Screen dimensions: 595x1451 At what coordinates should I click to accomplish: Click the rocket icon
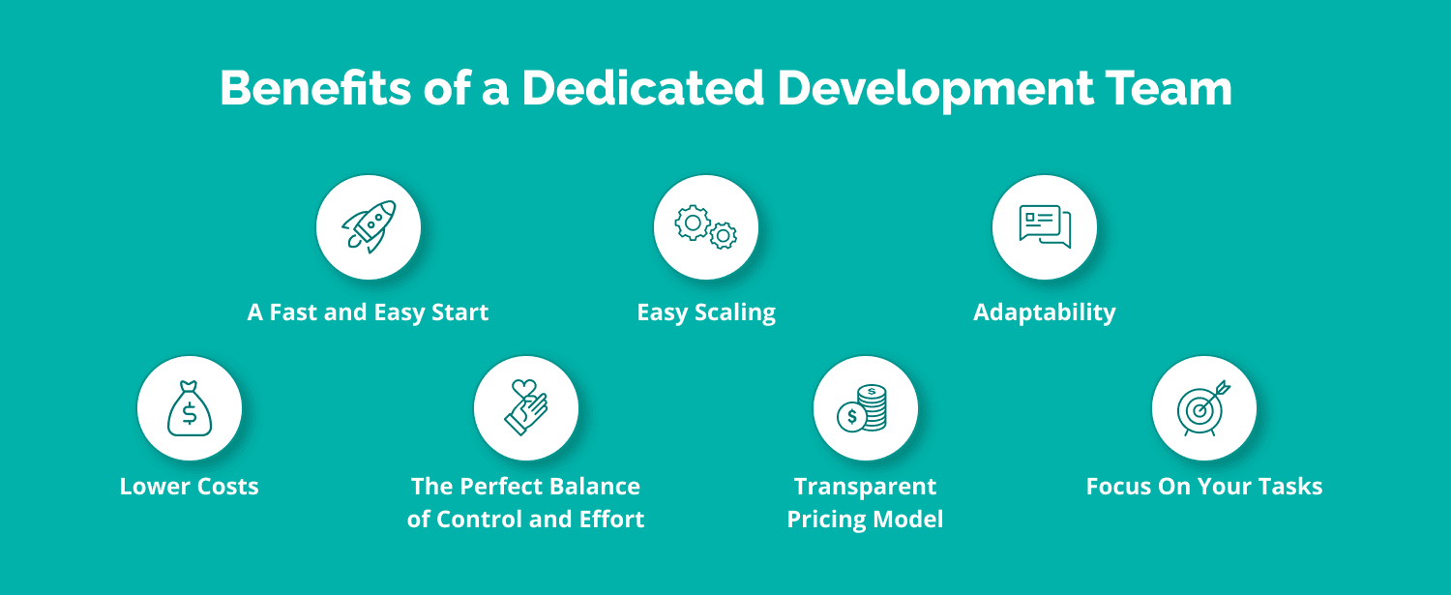point(369,226)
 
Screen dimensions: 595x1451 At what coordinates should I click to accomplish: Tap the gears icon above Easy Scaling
point(706,226)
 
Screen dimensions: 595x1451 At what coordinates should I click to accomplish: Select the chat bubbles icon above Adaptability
point(1045,226)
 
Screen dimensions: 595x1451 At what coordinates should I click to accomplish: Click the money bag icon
point(190,408)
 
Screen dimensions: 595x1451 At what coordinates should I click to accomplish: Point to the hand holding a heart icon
point(526,408)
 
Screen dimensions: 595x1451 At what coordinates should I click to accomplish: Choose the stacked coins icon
point(865,408)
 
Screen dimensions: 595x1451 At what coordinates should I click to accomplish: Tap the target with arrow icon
point(1203,408)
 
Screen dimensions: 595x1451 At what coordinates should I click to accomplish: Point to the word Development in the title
point(928,89)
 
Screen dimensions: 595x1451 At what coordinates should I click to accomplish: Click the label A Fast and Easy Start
point(368,312)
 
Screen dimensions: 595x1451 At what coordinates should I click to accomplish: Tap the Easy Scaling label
point(706,312)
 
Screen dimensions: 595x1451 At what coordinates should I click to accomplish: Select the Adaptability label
point(1044,312)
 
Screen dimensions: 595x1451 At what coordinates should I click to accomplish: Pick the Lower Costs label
point(190,486)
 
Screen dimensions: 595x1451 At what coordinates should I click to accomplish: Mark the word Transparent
point(865,486)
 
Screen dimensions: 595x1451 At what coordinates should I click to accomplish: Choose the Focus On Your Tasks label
point(1203,486)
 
